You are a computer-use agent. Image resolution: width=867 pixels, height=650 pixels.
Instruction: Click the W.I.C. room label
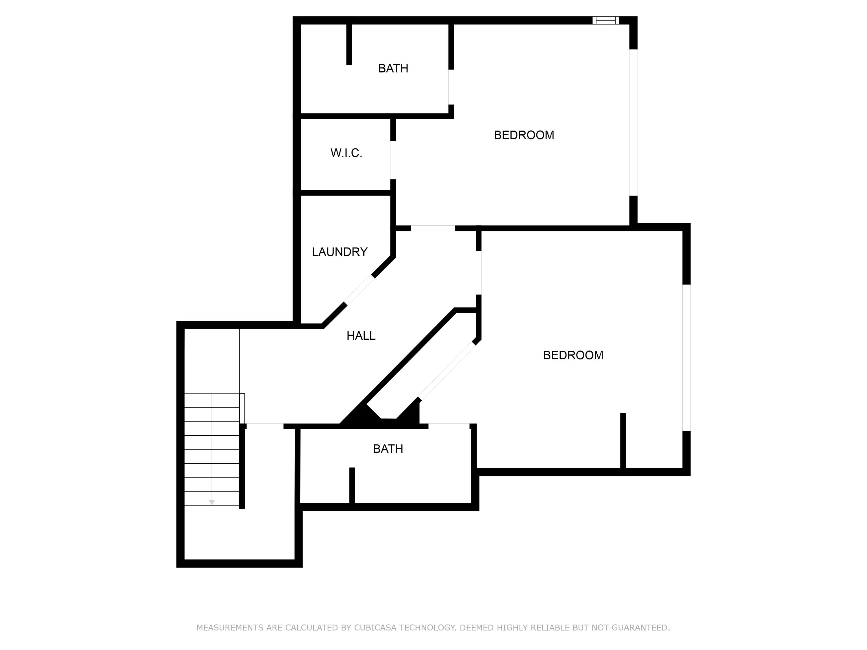pos(346,153)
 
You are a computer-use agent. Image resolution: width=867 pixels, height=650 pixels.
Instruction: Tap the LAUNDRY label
pos(340,252)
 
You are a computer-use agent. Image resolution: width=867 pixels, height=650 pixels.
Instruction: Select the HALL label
pos(361,335)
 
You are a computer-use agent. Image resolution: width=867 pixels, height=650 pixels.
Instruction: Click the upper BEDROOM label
pos(524,135)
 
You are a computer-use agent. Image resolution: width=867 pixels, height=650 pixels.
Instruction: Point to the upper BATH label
pos(393,68)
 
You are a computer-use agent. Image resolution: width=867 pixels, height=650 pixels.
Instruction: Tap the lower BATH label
pos(388,449)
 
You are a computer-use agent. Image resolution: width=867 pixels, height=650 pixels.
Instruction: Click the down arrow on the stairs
pos(212,502)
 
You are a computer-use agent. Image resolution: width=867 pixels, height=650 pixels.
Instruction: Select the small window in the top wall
pos(605,21)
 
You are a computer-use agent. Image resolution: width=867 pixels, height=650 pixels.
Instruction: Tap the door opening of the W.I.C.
pos(393,160)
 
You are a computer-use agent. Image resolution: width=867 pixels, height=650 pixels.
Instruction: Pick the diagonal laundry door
pos(359,290)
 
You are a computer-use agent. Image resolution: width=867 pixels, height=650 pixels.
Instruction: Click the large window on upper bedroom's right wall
pos(633,122)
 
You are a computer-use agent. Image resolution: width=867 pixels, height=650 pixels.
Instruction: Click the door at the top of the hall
pos(433,228)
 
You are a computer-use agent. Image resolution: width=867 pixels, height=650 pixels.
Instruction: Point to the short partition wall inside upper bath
pos(349,44)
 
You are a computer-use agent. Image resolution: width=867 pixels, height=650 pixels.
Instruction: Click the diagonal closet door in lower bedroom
pos(447,370)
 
